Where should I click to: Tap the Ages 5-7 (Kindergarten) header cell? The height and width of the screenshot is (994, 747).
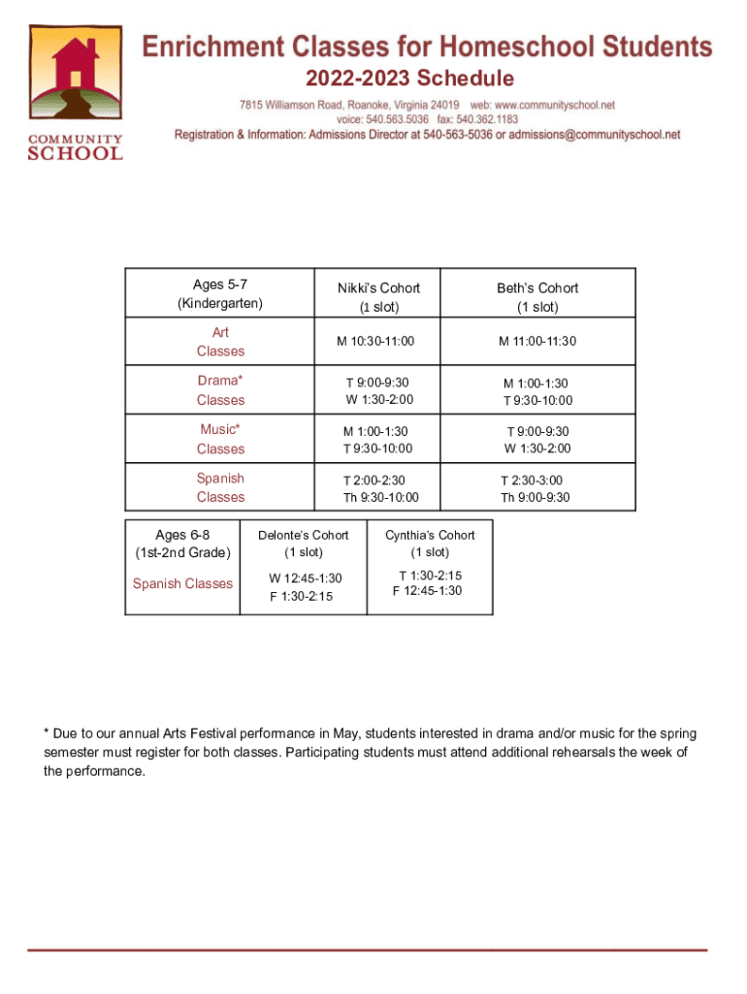[x=220, y=293]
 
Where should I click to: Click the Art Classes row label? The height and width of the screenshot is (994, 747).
[x=220, y=342]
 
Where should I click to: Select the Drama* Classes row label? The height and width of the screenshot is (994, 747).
[x=220, y=390]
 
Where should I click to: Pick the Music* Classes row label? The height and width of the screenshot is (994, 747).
[x=220, y=439]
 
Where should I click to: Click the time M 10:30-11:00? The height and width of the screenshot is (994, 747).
[x=375, y=342]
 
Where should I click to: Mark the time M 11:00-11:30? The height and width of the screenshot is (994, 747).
[x=537, y=342]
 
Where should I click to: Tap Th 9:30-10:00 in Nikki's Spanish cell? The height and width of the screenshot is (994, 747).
[x=380, y=498]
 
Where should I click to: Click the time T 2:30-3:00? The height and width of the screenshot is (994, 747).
[x=531, y=480]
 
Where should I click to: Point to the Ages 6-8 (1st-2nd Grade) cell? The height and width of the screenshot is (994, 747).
[x=182, y=544]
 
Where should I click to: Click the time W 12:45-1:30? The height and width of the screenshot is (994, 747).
[x=306, y=579]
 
